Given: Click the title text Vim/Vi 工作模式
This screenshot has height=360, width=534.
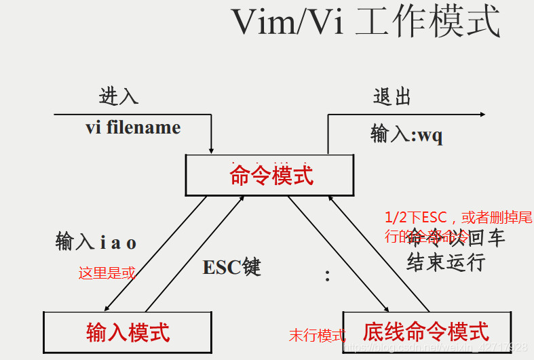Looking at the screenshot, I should point(366,23).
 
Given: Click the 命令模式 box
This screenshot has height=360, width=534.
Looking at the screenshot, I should point(270,176).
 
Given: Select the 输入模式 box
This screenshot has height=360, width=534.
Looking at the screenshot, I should point(128,332).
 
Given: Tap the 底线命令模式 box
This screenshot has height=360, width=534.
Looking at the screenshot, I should point(425,332).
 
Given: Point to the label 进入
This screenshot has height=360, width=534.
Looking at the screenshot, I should point(119,96).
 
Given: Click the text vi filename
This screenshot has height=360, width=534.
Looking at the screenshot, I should point(133,127).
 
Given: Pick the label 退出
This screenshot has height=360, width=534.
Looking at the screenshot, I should point(392,96).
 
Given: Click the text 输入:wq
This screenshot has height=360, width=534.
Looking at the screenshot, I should point(406,134).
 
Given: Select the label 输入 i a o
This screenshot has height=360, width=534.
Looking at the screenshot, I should point(96,241).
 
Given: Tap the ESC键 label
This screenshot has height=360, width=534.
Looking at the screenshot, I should point(231,266).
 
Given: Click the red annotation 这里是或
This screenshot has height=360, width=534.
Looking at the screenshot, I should point(107,273).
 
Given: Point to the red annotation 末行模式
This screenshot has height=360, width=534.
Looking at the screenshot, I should point(317,335).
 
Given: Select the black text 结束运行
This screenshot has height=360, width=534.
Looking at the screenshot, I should point(446,262).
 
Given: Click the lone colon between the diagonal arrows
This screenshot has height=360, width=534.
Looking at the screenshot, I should point(327,276).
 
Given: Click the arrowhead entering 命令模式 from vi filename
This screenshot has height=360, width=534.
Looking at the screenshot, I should point(212,149).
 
